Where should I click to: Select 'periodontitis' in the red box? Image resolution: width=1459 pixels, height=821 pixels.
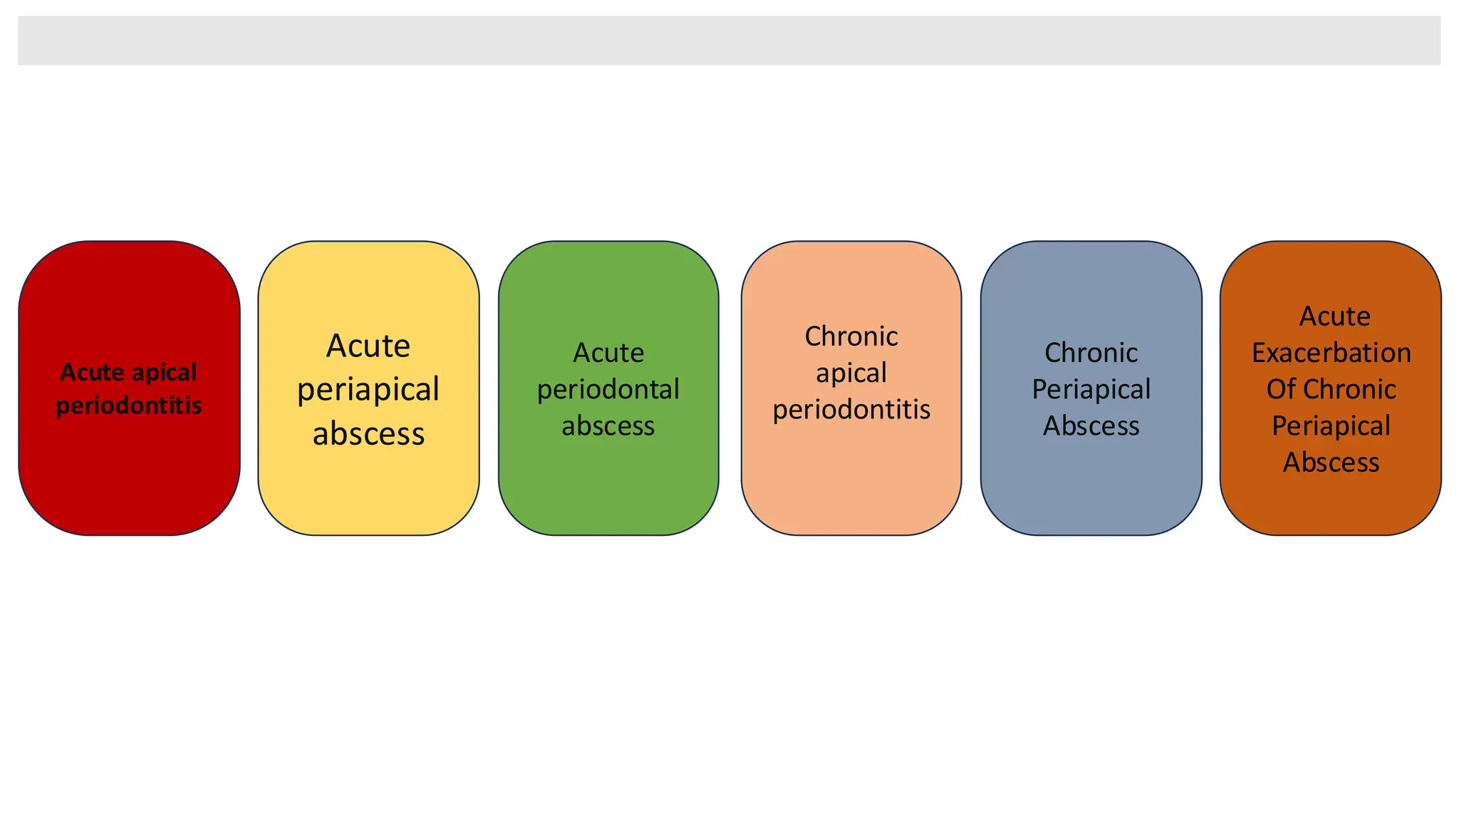[129, 406]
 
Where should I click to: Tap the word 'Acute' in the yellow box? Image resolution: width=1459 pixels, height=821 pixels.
[368, 346]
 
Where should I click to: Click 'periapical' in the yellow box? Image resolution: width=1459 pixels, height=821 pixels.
[368, 390]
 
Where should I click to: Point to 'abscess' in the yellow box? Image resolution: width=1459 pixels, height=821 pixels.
[368, 434]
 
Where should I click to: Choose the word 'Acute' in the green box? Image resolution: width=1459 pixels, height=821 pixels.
[608, 353]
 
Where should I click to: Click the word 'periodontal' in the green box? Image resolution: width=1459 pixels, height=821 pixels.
[608, 389]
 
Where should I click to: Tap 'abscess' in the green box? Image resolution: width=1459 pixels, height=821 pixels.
[608, 425]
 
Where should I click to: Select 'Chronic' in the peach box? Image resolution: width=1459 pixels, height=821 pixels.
[851, 336]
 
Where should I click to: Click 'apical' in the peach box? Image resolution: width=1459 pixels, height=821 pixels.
[851, 373]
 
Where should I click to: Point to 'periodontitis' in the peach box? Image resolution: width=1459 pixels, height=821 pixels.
[851, 409]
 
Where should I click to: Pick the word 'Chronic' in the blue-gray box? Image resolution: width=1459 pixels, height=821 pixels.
[1091, 353]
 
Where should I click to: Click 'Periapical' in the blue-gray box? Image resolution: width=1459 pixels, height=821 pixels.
[1091, 389]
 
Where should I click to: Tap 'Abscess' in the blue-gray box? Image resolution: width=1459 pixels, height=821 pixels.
[1091, 425]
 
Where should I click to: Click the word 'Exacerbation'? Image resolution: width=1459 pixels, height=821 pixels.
[1331, 353]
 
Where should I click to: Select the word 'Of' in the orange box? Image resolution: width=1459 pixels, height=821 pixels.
[1279, 389]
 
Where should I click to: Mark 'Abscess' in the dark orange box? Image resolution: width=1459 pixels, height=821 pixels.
[1331, 463]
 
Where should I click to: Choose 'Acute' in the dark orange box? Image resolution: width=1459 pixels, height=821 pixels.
[1334, 316]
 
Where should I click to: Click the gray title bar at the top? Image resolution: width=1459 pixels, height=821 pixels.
[729, 41]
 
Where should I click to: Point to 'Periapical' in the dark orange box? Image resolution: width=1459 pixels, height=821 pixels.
[1331, 426]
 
